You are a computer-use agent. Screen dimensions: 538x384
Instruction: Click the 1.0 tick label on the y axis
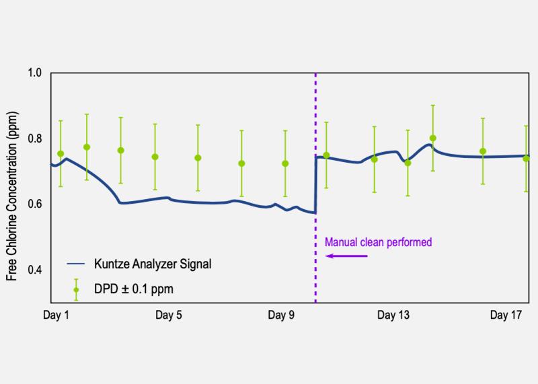point(34,73)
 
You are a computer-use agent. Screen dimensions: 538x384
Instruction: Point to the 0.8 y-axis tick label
point(34,139)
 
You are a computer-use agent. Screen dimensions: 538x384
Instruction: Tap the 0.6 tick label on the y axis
point(34,204)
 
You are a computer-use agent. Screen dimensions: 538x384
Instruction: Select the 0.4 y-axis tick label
point(34,270)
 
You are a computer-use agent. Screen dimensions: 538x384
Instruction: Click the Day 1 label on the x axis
point(56,315)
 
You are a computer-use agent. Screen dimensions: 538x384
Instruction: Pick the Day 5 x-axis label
point(169,315)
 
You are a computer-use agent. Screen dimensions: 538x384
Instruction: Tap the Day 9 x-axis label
point(281,315)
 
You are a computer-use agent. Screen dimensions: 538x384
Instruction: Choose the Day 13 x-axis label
point(393,315)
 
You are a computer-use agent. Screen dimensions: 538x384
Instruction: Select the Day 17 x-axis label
point(506,315)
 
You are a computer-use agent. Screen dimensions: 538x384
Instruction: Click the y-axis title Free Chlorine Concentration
point(11,196)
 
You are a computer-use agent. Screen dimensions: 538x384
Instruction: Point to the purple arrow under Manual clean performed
point(346,256)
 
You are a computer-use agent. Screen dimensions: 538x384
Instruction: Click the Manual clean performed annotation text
point(378,242)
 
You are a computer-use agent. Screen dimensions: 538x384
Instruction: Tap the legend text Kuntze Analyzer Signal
point(153,264)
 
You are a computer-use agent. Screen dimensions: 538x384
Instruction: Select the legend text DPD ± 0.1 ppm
point(133,289)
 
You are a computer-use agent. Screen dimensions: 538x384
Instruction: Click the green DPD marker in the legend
point(76,290)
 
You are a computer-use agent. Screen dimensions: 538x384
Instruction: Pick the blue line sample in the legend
point(76,264)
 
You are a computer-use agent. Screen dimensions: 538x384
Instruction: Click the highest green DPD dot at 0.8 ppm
point(432,139)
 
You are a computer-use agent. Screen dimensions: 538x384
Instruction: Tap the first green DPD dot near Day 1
point(61,154)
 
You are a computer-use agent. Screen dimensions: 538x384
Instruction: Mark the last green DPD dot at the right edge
point(526,159)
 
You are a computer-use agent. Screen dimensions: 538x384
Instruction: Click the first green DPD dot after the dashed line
point(326,155)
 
